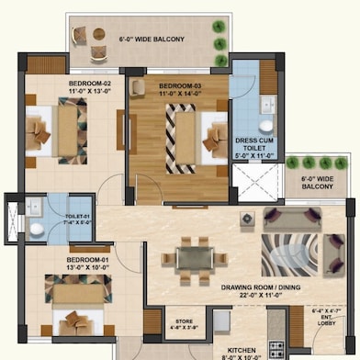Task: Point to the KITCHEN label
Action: pos(241,350)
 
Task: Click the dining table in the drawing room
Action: pos(192,256)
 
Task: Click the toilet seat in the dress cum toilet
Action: pos(267,126)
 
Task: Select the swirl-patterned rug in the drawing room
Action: pos(295,258)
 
